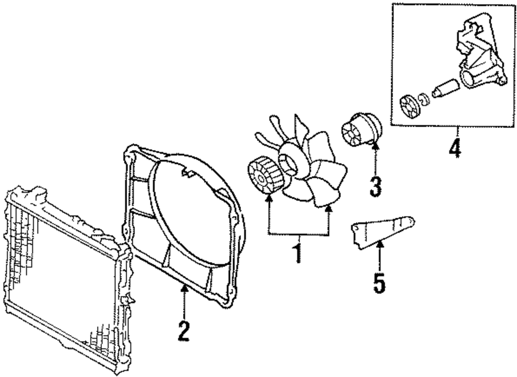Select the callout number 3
pyautogui.click(x=376, y=185)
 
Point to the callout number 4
pyautogui.click(x=455, y=147)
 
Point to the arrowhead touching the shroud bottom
pyautogui.click(x=183, y=289)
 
